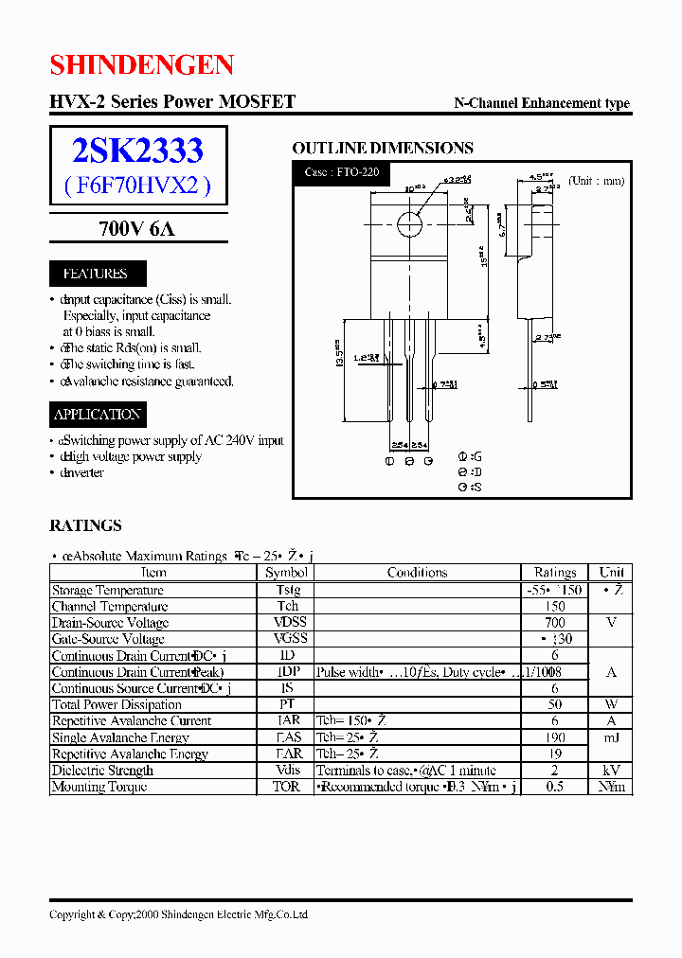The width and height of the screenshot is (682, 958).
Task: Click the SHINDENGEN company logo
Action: pos(141,64)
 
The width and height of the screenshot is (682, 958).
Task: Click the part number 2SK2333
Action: pos(137,151)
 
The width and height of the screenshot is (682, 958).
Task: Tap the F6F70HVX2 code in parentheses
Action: pos(137,186)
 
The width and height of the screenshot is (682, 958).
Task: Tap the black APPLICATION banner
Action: pos(98,414)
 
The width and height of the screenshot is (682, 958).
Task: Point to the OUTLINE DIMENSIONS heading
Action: pos(382,148)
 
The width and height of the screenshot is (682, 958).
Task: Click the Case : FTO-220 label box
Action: pos(342,173)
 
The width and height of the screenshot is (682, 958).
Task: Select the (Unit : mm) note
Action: pos(596,180)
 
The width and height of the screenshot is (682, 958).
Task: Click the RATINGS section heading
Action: pos(85,525)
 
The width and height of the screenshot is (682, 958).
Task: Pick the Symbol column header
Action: pos(287,573)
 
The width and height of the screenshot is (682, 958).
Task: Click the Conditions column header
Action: pos(417,573)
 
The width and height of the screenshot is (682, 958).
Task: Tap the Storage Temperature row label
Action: pos(107,590)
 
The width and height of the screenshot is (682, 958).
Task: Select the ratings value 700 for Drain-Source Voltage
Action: pos(555,622)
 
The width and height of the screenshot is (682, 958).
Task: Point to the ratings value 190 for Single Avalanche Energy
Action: pos(555,737)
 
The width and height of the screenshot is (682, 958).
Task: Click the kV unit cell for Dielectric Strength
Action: pos(611,771)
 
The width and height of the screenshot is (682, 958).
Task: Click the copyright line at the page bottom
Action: pos(178,914)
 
